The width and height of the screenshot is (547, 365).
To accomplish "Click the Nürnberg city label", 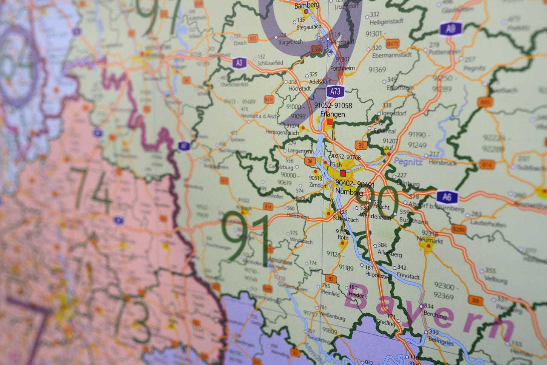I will click(x=349, y=193).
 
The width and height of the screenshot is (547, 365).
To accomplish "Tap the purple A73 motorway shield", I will click(x=335, y=91).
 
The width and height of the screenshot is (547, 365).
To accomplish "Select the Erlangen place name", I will click(x=332, y=114).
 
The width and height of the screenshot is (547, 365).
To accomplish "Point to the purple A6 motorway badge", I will click(x=447, y=197).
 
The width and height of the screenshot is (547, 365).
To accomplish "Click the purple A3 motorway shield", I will click(x=239, y=63).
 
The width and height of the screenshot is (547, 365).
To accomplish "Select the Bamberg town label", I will click(x=307, y=5).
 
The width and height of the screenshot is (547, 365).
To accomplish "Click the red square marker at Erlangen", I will click(x=330, y=122).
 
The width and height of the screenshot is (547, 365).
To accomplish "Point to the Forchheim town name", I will click(x=342, y=68).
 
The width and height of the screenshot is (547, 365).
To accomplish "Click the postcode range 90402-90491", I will click(x=354, y=184).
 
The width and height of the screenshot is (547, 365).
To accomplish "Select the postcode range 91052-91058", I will click(x=333, y=105).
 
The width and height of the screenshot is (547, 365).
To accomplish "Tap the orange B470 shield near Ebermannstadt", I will click(x=393, y=45).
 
